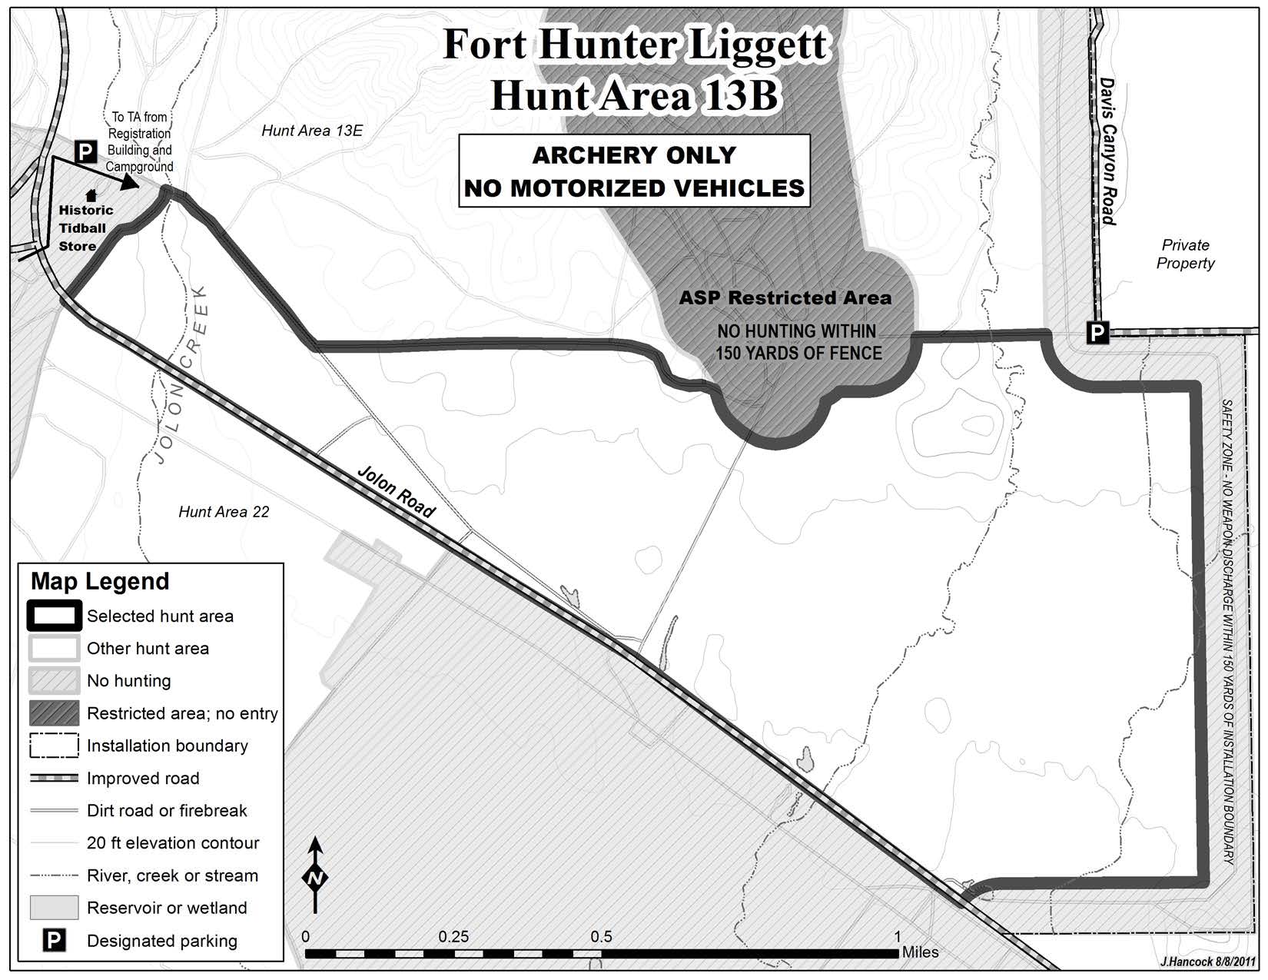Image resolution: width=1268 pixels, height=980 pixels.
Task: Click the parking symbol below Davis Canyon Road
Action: [1097, 333]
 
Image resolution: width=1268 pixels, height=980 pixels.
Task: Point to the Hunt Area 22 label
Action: [224, 512]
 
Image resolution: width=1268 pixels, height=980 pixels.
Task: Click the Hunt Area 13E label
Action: [311, 131]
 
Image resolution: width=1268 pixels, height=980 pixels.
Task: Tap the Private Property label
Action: [1185, 254]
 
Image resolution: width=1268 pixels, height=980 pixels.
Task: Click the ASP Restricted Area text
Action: [785, 298]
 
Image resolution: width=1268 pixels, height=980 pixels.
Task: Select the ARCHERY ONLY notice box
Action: [634, 171]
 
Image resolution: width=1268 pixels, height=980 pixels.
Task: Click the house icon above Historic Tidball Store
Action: [91, 195]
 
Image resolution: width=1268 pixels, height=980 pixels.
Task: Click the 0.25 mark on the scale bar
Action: [453, 938]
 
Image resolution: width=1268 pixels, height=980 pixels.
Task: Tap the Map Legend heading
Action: [100, 582]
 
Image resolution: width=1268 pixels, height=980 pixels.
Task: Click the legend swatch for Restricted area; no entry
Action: [54, 713]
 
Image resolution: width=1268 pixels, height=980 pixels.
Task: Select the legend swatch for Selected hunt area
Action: [54, 616]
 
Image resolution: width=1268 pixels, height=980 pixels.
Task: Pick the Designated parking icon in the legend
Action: [54, 940]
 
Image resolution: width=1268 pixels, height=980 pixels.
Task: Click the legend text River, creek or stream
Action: [172, 875]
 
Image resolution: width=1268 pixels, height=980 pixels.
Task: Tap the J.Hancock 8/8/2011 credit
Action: [1207, 962]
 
